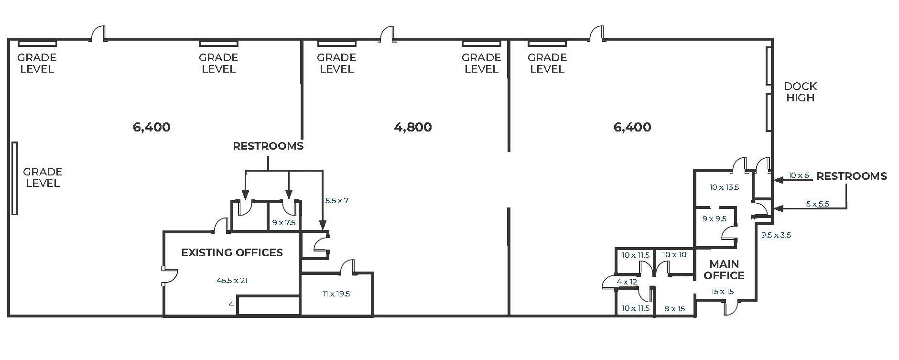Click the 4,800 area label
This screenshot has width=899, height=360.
pyautogui.click(x=413, y=127)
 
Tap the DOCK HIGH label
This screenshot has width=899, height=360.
pyautogui.click(x=800, y=92)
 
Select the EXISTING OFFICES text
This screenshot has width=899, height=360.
pyautogui.click(x=232, y=252)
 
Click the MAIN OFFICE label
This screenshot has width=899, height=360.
pyautogui.click(x=724, y=270)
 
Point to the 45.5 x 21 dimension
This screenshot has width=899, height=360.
pyautogui.click(x=232, y=281)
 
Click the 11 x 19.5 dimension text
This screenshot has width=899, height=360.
pyautogui.click(x=336, y=294)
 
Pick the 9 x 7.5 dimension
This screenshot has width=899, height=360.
pyautogui.click(x=283, y=223)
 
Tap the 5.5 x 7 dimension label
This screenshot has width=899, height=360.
pyautogui.click(x=336, y=201)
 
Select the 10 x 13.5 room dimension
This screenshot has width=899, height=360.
pyautogui.click(x=724, y=187)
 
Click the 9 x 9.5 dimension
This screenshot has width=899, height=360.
pyautogui.click(x=714, y=219)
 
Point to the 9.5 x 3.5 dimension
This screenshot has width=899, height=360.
pyautogui.click(x=776, y=235)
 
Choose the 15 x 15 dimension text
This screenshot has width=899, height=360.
pyautogui.click(x=722, y=292)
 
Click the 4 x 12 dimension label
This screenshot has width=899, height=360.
pyautogui.click(x=627, y=282)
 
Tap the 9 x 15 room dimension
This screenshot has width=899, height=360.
pyautogui.click(x=674, y=309)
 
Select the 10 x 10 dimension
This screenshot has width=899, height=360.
pyautogui.click(x=674, y=255)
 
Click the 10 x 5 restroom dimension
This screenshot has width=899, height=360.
pyautogui.click(x=799, y=175)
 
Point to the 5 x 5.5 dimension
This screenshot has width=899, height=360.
pyautogui.click(x=817, y=204)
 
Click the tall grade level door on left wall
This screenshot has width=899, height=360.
pyautogui.click(x=15, y=178)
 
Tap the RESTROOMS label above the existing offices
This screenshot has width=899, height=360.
pyautogui.click(x=268, y=146)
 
